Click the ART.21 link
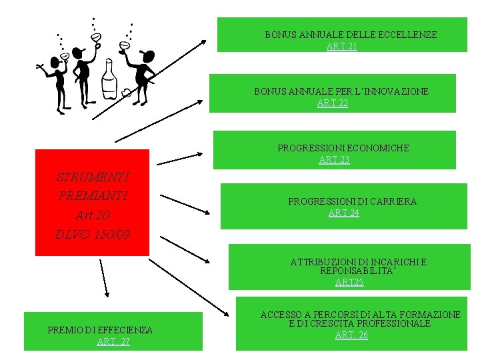pyautogui.click(x=341, y=46)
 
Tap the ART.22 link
pyautogui.click(x=333, y=103)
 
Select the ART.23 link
pyautogui.click(x=334, y=159)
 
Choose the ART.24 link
pyautogui.click(x=343, y=213)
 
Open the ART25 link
pyautogui.click(x=349, y=282)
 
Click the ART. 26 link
pyautogui.click(x=351, y=335)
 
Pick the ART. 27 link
pyautogui.click(x=113, y=341)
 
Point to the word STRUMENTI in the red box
pyautogui.click(x=93, y=177)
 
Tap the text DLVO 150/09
pyautogui.click(x=93, y=235)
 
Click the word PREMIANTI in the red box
pyautogui.click(x=93, y=196)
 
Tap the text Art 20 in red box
pyautogui.click(x=93, y=215)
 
